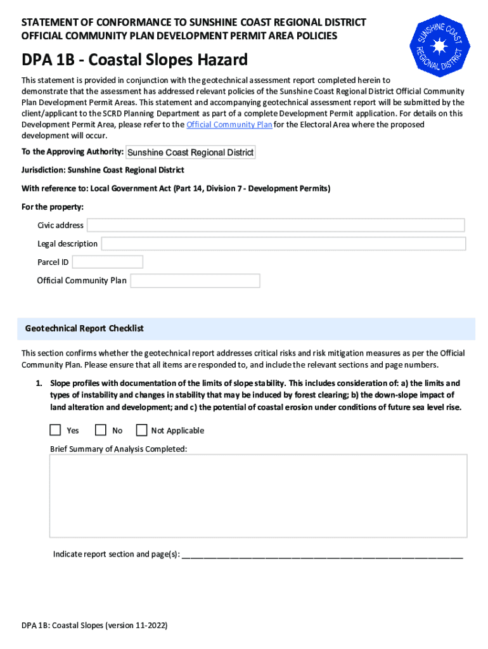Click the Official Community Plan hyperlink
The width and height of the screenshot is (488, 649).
(x=229, y=125)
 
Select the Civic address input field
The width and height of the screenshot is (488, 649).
(x=276, y=225)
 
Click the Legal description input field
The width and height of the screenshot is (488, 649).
(x=283, y=243)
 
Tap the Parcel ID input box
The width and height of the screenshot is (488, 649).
(x=108, y=262)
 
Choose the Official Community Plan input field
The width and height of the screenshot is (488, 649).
(x=195, y=281)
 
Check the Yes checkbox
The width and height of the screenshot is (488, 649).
(x=56, y=430)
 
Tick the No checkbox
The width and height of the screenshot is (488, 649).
(x=101, y=430)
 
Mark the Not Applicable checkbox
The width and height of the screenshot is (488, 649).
(x=141, y=430)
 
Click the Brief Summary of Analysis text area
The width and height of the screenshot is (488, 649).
(x=259, y=496)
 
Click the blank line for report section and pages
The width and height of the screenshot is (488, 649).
(x=322, y=555)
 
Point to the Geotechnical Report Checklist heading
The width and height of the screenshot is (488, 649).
(x=84, y=328)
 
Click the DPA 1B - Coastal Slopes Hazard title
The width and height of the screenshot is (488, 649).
(x=134, y=61)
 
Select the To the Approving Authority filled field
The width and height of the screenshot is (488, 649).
(x=191, y=152)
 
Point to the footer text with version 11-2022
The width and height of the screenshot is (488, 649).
(x=94, y=626)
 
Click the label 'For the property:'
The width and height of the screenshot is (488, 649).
(x=53, y=207)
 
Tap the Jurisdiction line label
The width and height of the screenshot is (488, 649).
(x=103, y=170)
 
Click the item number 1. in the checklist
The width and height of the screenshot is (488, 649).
(x=39, y=383)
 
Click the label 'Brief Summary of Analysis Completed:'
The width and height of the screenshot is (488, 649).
(x=119, y=449)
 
